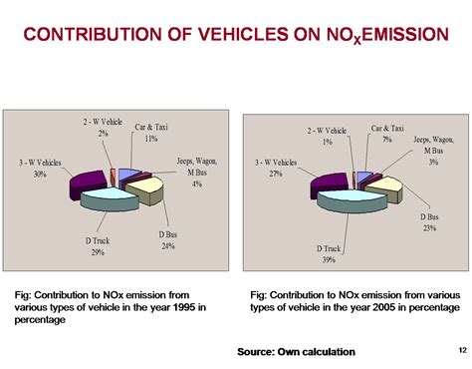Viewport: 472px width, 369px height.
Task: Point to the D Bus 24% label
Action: pos(168,239)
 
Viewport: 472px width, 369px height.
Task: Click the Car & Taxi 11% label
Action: pos(151,133)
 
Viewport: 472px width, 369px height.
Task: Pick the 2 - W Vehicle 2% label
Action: pos(104,127)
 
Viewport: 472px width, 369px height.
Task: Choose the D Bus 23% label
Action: pos(430,221)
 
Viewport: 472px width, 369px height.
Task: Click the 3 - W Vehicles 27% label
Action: pos(276,167)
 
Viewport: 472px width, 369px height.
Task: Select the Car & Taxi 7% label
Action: pos(387,133)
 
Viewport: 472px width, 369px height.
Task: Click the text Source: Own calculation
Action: pos(296,352)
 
